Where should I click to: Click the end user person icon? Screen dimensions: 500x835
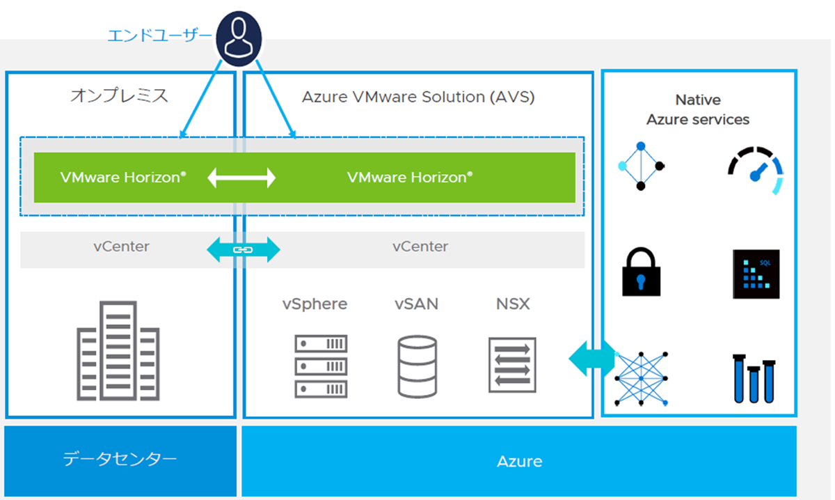click(x=238, y=38)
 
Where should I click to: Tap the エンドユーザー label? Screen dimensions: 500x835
click(x=159, y=35)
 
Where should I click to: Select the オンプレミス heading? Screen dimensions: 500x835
click(x=119, y=95)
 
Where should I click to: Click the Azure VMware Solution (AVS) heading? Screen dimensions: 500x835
click(x=417, y=97)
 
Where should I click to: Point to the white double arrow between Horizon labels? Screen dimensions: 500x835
click(x=242, y=178)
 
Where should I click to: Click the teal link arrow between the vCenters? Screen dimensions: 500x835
click(x=244, y=249)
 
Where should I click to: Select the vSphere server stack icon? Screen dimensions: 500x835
click(x=321, y=366)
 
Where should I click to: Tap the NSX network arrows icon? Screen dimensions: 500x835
click(x=512, y=363)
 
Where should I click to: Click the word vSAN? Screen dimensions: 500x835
click(x=416, y=304)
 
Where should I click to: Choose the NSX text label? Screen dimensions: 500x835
click(x=513, y=304)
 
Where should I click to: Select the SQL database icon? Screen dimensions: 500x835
click(x=756, y=274)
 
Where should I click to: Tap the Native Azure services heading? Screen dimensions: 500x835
click(x=698, y=110)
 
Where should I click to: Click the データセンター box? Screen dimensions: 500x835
click(x=120, y=459)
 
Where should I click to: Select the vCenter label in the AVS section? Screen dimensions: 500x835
click(x=420, y=247)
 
